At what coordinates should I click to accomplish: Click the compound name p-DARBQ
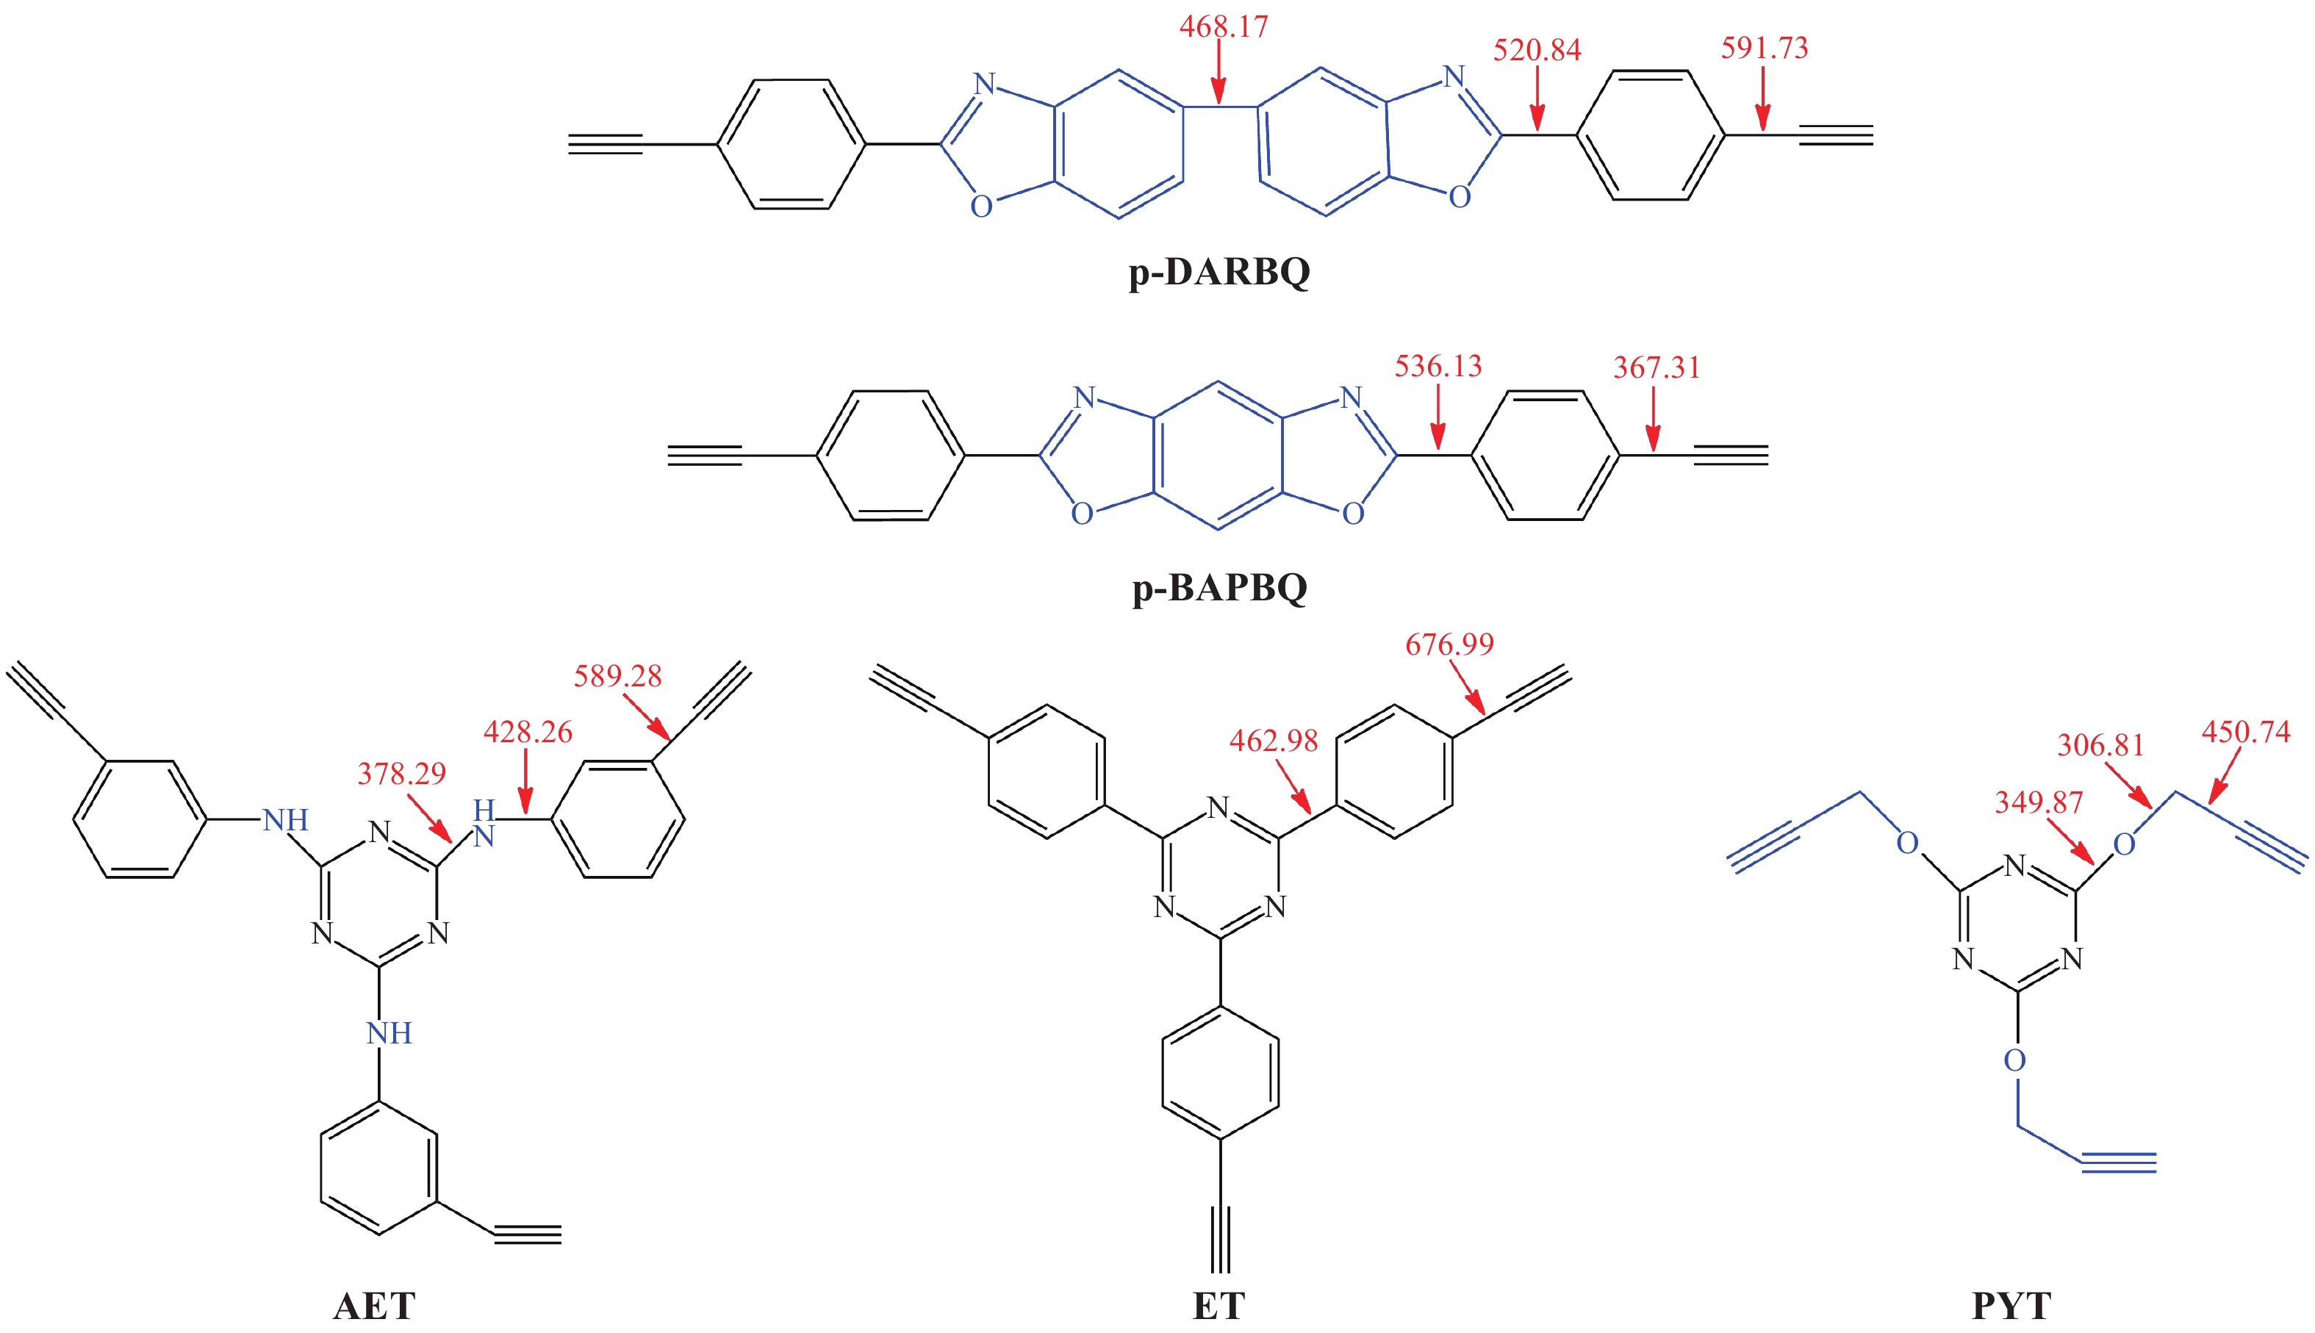(1218, 272)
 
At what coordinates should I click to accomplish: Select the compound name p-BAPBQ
(1219, 587)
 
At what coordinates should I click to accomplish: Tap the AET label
(374, 1306)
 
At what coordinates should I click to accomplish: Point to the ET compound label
(1218, 1306)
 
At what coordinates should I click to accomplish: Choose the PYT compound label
(2011, 1306)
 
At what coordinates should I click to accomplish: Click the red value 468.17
(1223, 26)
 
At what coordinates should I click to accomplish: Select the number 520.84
(1537, 51)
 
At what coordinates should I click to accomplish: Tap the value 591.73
(1764, 48)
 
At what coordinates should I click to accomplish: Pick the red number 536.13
(1438, 366)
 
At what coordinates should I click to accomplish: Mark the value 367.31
(1656, 368)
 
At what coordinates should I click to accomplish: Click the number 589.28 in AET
(617, 677)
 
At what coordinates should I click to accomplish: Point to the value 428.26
(527, 733)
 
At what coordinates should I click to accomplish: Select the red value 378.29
(401, 775)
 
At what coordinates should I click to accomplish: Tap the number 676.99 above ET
(1449, 644)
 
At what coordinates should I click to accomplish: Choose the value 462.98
(1274, 741)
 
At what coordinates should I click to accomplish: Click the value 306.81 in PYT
(2101, 745)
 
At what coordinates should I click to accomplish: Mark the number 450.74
(2245, 733)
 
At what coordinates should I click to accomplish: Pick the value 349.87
(2039, 803)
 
